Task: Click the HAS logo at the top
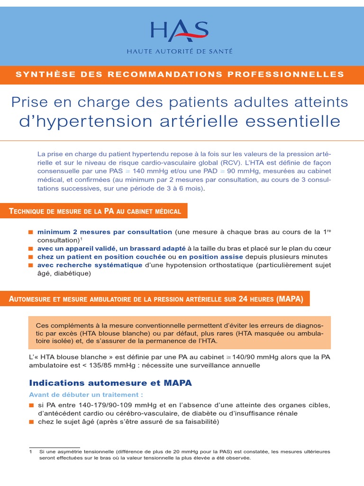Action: (x=179, y=31)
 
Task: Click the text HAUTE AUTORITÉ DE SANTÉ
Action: (x=179, y=51)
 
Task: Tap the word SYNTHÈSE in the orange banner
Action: (x=40, y=75)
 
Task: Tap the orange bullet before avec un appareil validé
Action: (x=31, y=249)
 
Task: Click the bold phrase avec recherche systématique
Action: (x=90, y=265)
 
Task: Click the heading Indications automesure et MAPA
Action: (x=110, y=383)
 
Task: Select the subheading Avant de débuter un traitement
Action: (x=86, y=395)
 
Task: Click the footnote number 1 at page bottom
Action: (x=31, y=452)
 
